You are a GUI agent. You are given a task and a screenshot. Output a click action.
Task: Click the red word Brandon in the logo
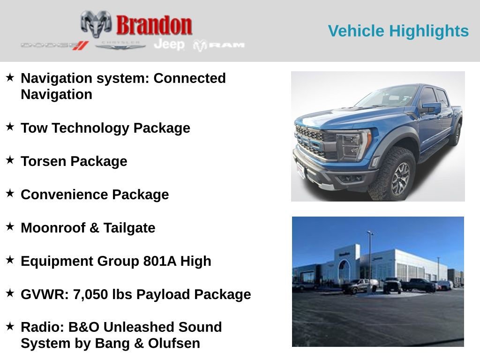coord(154,25)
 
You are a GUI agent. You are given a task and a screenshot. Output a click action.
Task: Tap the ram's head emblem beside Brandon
coord(96,23)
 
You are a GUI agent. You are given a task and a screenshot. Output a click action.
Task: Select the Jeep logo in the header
coord(169,45)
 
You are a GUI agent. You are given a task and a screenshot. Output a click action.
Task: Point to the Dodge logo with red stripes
coord(55,45)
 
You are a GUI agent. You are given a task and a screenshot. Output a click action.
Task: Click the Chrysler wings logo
coord(120,45)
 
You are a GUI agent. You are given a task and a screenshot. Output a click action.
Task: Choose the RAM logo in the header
coord(219,45)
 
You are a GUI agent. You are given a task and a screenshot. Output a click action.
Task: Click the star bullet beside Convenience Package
coord(10,193)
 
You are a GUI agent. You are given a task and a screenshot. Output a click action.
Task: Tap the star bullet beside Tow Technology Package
coord(10,127)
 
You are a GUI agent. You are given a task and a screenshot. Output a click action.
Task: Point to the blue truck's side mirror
coord(431,108)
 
